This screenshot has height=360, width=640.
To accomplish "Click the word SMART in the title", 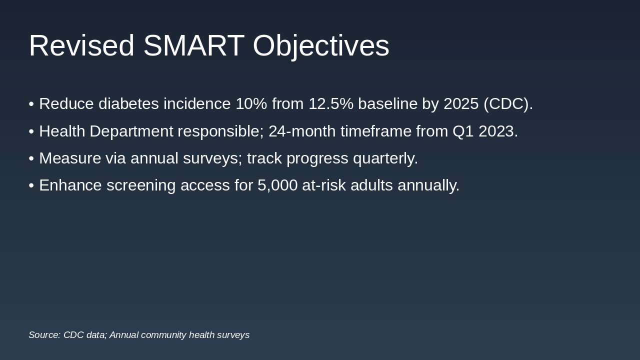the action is pos(193,45).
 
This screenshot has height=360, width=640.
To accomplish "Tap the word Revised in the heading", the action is pos(81,45).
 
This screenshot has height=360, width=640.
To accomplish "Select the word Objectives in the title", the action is pos(321,47).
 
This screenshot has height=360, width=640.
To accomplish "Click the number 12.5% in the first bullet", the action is pos(331,103).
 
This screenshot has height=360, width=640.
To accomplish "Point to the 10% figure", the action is pos(251,103).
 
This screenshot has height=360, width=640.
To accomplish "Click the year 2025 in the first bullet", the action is pos(461,103).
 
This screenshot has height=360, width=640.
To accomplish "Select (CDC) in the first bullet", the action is pos(506,104).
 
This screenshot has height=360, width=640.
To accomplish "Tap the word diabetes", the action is pos(128,103).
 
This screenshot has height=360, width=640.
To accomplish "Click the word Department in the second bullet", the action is pos(131,131).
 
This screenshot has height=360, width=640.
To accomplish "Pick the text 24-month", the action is pos(302,131).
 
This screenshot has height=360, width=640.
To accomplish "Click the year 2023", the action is pos(496,131).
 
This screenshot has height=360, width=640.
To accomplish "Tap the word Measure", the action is pos(70,158).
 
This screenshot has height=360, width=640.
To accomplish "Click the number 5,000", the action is pos(277,185).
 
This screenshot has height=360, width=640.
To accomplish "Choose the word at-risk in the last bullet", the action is pos(324,185).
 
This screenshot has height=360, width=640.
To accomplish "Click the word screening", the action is pos(141,185).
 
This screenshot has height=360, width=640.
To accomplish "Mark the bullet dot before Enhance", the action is pos(31,185).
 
